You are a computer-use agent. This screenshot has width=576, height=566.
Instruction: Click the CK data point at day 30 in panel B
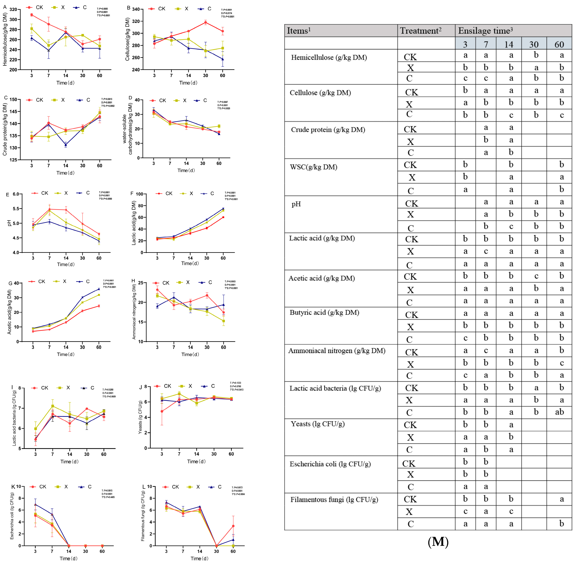point(206,22)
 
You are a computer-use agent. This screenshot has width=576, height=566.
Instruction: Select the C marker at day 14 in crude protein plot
point(66,145)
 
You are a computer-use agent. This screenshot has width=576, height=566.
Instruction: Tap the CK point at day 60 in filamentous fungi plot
point(233,526)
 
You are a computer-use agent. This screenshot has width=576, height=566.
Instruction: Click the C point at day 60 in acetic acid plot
point(99,289)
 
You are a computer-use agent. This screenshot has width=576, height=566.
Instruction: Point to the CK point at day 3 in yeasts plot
point(162,411)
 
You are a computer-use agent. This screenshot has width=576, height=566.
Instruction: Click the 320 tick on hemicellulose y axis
point(13,10)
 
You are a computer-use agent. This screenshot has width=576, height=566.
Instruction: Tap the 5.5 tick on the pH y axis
point(15,209)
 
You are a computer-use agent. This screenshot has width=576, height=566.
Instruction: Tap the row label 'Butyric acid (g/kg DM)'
point(324,312)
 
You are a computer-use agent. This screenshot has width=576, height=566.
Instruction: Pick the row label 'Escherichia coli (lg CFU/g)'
point(330,464)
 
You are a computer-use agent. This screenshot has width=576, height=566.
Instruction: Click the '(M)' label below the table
point(438,542)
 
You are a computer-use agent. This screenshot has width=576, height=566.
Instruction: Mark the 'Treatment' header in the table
point(420,31)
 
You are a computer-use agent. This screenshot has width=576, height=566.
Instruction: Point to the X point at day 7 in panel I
point(53,406)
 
